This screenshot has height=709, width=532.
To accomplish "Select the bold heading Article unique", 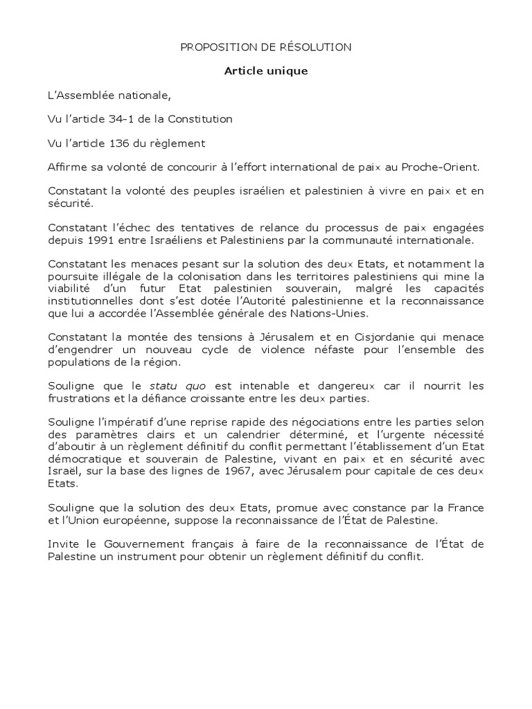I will coord(265,71).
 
